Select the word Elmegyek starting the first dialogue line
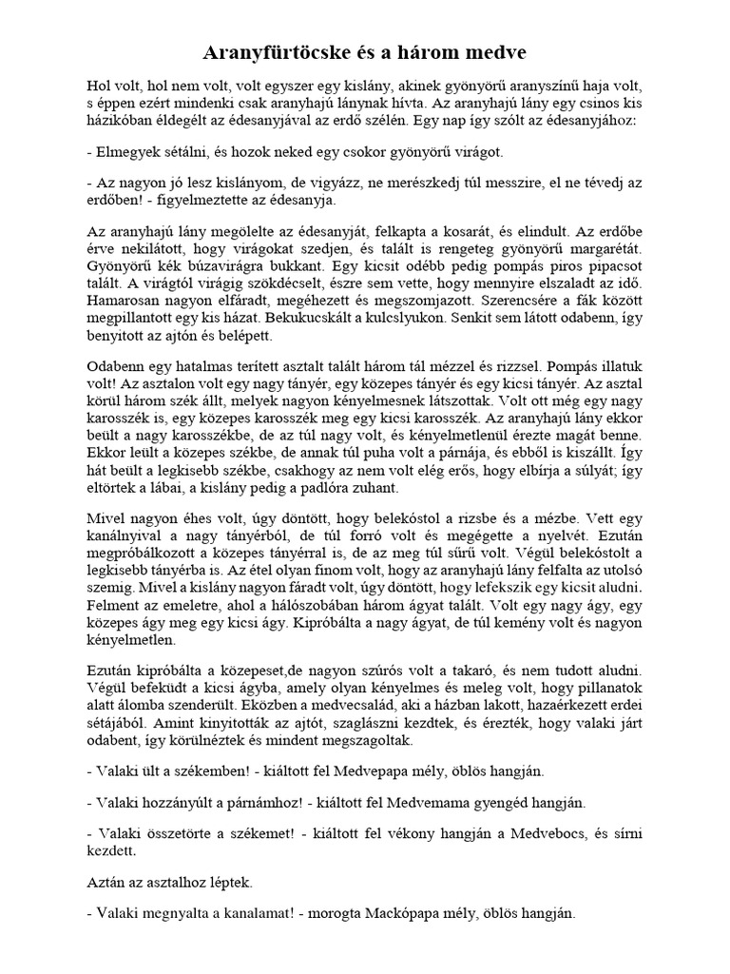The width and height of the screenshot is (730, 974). tap(128, 152)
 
